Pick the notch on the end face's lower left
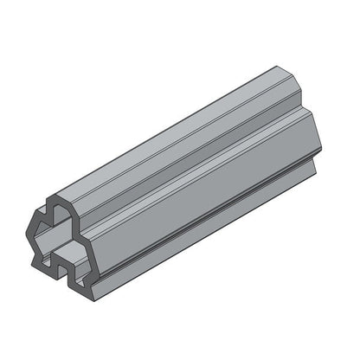[x=38, y=257]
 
